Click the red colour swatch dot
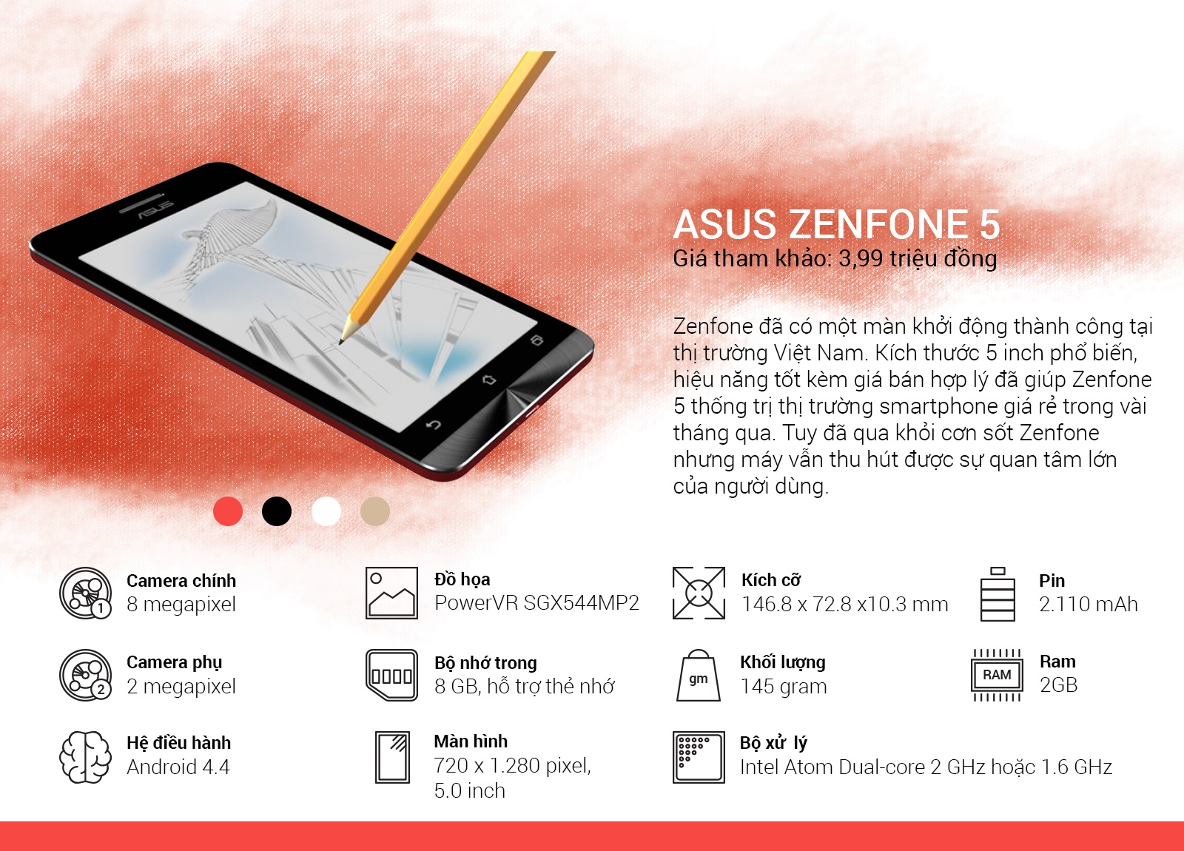[228, 511]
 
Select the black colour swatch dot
[277, 511]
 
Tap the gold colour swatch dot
[374, 511]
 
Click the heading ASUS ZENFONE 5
[836, 224]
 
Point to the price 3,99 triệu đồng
[918, 258]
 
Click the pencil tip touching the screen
[342, 340]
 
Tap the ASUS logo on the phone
[155, 209]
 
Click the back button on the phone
[434, 425]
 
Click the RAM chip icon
[997, 675]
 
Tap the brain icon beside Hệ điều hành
[85, 757]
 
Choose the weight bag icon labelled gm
[698, 676]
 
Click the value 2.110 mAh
[1088, 605]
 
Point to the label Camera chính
[181, 581]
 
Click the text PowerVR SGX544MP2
[536, 603]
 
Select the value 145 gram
[783, 687]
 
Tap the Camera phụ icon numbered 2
[86, 675]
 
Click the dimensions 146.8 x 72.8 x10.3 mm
[844, 605]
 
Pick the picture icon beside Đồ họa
[391, 593]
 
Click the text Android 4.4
[178, 767]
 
